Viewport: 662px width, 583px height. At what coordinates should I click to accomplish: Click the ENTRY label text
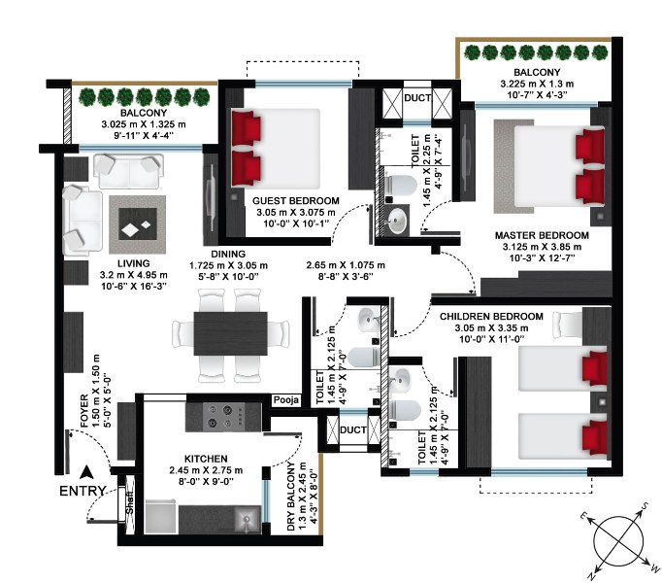(x=83, y=491)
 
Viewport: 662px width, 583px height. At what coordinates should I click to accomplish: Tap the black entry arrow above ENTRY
(x=86, y=472)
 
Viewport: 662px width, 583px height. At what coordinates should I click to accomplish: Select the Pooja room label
(x=285, y=400)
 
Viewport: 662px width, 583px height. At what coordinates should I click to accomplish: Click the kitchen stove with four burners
(x=224, y=417)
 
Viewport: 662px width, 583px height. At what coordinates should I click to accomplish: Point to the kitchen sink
(x=247, y=519)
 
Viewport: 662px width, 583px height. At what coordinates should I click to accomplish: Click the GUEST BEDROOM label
(x=295, y=201)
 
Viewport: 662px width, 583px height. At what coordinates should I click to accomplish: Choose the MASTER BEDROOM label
(x=542, y=235)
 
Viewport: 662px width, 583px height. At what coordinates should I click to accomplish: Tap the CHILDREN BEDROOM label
(x=491, y=317)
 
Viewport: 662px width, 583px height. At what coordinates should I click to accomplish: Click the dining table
(x=230, y=333)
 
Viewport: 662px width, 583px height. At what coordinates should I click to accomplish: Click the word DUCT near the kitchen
(x=353, y=429)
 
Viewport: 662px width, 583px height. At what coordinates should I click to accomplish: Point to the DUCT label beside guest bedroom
(x=417, y=98)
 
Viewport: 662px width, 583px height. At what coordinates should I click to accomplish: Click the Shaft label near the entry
(x=130, y=502)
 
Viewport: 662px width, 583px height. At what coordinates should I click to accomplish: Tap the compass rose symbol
(x=618, y=541)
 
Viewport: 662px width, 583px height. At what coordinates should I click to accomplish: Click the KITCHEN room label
(x=206, y=459)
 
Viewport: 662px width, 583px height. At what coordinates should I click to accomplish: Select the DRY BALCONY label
(x=291, y=497)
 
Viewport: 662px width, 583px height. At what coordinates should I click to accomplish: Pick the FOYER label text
(x=84, y=411)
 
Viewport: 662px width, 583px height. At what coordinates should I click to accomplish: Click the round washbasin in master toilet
(x=397, y=221)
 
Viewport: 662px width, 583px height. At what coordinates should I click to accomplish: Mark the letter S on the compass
(x=645, y=506)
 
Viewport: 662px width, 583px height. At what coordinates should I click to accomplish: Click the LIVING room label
(x=133, y=263)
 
